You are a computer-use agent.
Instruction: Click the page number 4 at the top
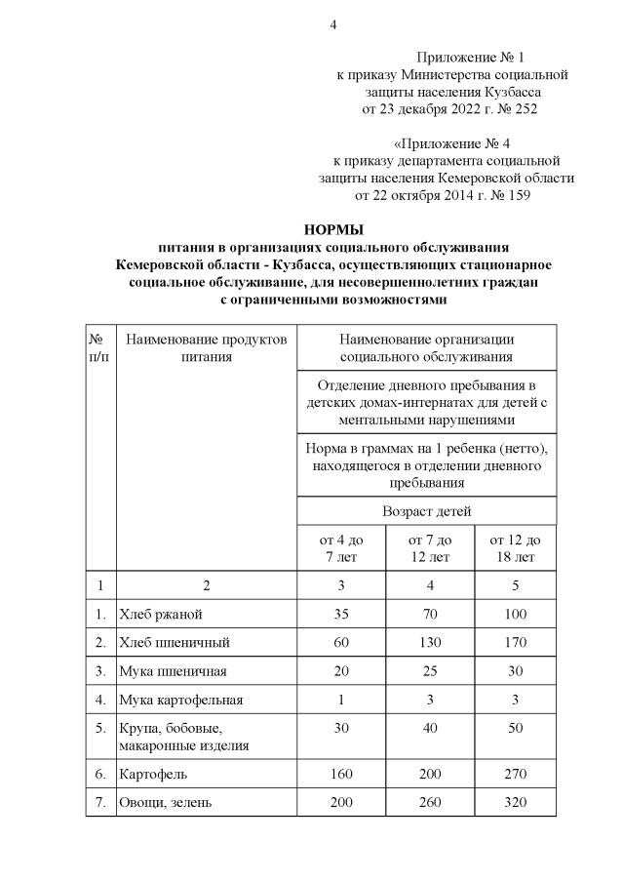(332, 24)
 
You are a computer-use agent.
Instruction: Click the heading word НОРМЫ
(333, 230)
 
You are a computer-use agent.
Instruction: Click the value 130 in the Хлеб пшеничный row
(428, 643)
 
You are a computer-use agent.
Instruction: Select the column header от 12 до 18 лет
(516, 548)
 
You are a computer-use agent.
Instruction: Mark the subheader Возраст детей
(428, 510)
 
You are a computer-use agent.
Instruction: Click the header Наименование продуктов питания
(206, 347)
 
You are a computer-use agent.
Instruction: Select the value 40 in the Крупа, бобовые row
(428, 728)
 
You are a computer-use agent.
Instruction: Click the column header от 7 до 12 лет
(428, 548)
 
